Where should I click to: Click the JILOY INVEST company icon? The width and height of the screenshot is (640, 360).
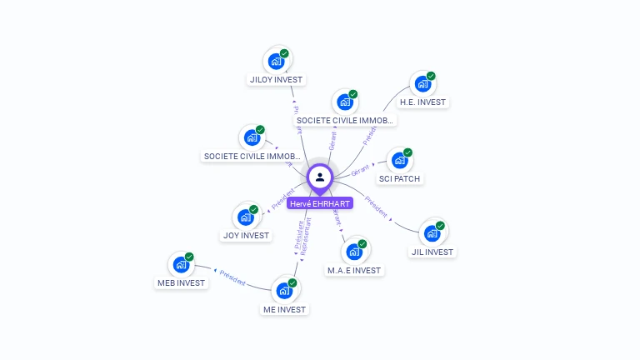[x=275, y=62]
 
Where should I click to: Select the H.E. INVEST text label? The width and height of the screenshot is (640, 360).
[x=422, y=102]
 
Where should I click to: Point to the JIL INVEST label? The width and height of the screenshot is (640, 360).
[x=432, y=252]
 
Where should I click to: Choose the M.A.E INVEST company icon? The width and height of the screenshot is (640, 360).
[x=353, y=252]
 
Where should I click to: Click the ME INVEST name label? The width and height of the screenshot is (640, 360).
[x=284, y=309]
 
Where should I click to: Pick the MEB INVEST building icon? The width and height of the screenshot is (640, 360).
[x=180, y=265]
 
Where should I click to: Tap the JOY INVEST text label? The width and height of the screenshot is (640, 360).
[x=247, y=235]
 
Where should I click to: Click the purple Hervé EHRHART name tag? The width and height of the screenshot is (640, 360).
[x=320, y=203]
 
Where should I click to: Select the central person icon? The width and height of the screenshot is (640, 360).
[x=320, y=177]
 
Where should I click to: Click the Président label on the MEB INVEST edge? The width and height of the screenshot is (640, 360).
[x=232, y=278]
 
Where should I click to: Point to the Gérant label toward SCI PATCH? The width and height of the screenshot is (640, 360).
[x=360, y=171]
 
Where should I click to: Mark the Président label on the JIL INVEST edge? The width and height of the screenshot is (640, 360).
[x=377, y=207]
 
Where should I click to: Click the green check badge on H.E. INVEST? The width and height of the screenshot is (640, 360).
[x=431, y=76]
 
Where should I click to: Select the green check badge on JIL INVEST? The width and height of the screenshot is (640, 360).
[x=440, y=226]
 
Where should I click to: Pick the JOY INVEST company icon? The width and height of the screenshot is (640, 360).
[x=245, y=217]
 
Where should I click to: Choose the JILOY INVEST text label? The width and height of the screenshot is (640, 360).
[x=277, y=80]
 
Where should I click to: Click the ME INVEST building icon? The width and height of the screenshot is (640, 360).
[x=283, y=291]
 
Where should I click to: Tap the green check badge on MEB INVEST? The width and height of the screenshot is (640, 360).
[x=189, y=257]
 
